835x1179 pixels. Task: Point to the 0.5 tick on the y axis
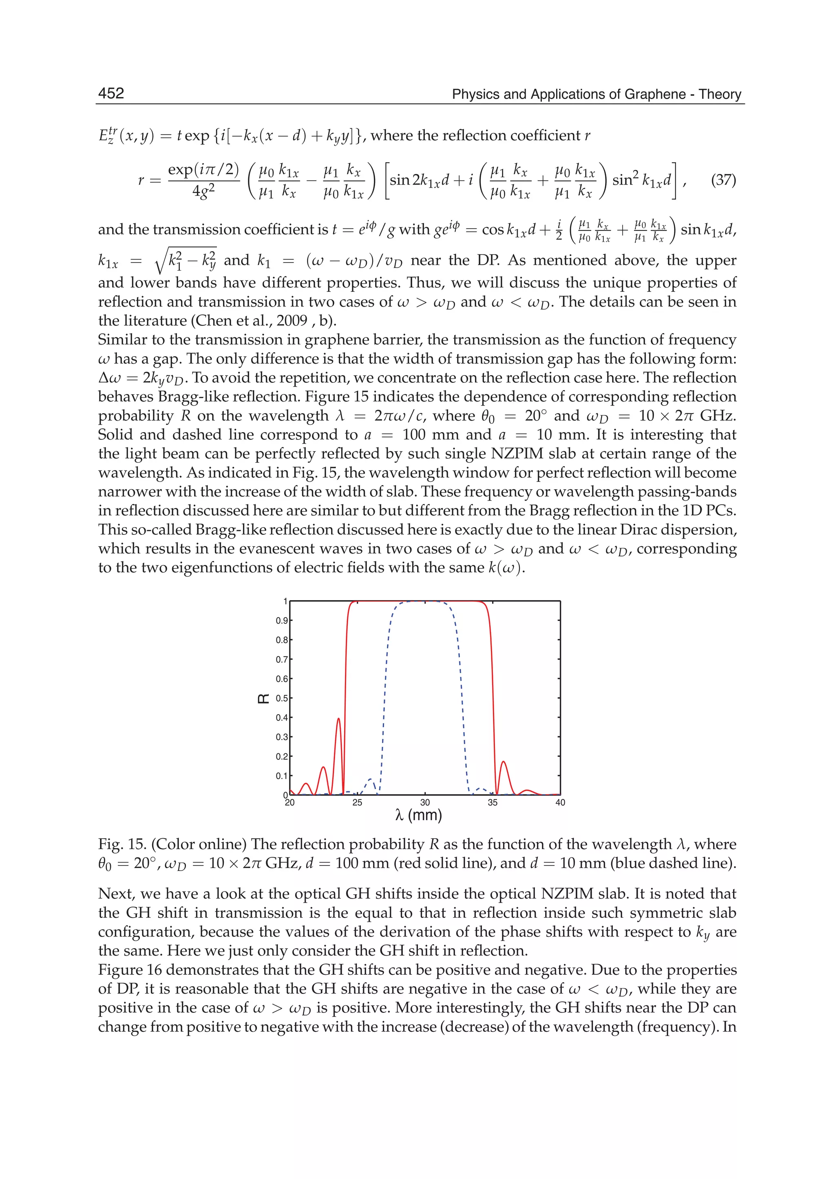click(x=282, y=698)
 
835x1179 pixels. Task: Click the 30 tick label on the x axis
click(x=425, y=803)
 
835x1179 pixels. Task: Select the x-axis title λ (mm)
click(x=419, y=815)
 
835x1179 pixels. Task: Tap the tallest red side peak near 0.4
click(x=338, y=720)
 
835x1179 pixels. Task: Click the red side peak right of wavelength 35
click(x=504, y=763)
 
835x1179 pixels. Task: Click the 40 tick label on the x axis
click(x=560, y=803)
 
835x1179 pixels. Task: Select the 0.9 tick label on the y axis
click(x=282, y=620)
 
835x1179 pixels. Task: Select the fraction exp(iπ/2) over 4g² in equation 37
click(x=203, y=180)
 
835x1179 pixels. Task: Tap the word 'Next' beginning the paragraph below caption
click(x=113, y=894)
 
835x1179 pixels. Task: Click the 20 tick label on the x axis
click(x=289, y=803)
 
